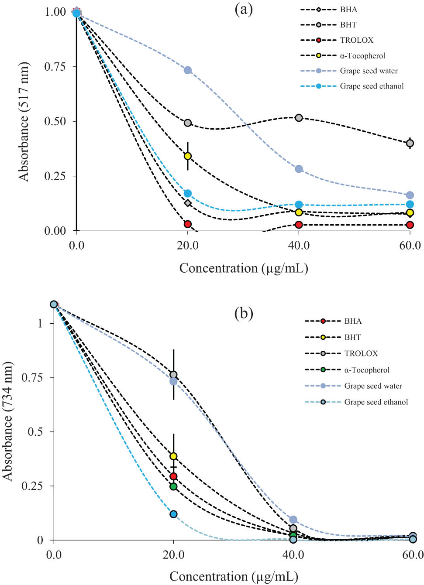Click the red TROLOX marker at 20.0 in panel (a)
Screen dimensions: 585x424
click(x=188, y=224)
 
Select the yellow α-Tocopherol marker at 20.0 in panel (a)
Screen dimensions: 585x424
click(x=188, y=156)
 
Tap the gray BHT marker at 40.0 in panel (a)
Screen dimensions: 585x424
click(x=299, y=118)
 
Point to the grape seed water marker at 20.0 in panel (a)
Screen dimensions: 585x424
click(x=188, y=70)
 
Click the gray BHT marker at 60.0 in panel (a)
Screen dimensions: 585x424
click(x=410, y=143)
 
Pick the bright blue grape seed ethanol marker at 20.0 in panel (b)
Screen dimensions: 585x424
click(x=173, y=514)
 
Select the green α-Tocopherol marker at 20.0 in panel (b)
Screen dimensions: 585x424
click(x=173, y=486)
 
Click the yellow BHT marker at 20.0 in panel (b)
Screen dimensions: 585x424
click(x=173, y=456)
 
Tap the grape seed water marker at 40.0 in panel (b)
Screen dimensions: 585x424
click(x=293, y=520)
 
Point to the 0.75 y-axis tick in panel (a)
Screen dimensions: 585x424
click(x=55, y=66)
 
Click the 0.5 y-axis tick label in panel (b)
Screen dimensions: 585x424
click(x=35, y=431)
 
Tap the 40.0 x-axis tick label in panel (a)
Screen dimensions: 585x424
click(x=299, y=246)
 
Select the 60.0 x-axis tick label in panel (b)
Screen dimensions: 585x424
click(x=413, y=555)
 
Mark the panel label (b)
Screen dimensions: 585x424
click(x=244, y=313)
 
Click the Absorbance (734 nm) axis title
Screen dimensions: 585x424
click(x=7, y=421)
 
